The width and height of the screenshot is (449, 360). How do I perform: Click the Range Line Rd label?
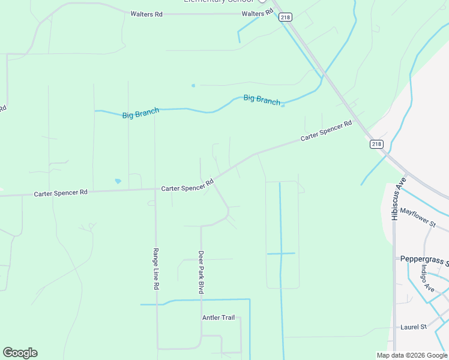coord(155,269)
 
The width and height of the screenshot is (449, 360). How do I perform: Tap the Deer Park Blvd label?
coord(202,272)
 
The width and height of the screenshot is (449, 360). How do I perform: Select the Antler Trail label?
coord(218,317)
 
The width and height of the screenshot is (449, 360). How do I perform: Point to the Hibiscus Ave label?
coord(395,198)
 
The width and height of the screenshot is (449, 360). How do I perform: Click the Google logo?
coord(20,353)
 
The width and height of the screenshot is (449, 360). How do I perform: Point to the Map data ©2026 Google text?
coord(412,355)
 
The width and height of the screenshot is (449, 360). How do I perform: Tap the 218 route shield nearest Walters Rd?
coord(285,17)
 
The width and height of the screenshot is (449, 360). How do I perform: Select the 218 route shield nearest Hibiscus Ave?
coord(376,144)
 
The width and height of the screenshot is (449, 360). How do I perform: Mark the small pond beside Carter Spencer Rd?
coord(118,181)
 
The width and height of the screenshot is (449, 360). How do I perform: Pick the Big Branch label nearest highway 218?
coord(262,99)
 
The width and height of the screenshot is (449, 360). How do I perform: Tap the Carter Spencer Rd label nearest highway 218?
coord(326,131)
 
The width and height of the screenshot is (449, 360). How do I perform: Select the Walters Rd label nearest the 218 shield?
coord(253,14)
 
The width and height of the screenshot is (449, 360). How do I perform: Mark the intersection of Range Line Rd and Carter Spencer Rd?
coord(155,189)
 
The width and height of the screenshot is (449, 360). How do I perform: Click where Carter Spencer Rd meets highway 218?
coord(358,118)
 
